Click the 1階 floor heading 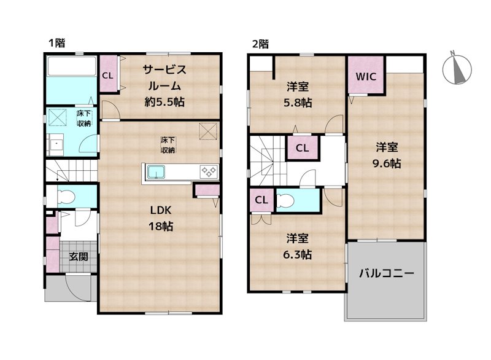click(57, 43)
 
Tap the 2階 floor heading click(260, 44)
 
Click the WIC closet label click(366, 76)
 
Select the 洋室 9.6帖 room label click(387, 155)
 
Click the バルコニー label click(387, 273)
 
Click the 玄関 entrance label click(77, 256)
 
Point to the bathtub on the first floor click(71, 66)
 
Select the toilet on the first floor click(65, 197)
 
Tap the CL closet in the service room click(107, 76)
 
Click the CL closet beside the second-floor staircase click(301, 148)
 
